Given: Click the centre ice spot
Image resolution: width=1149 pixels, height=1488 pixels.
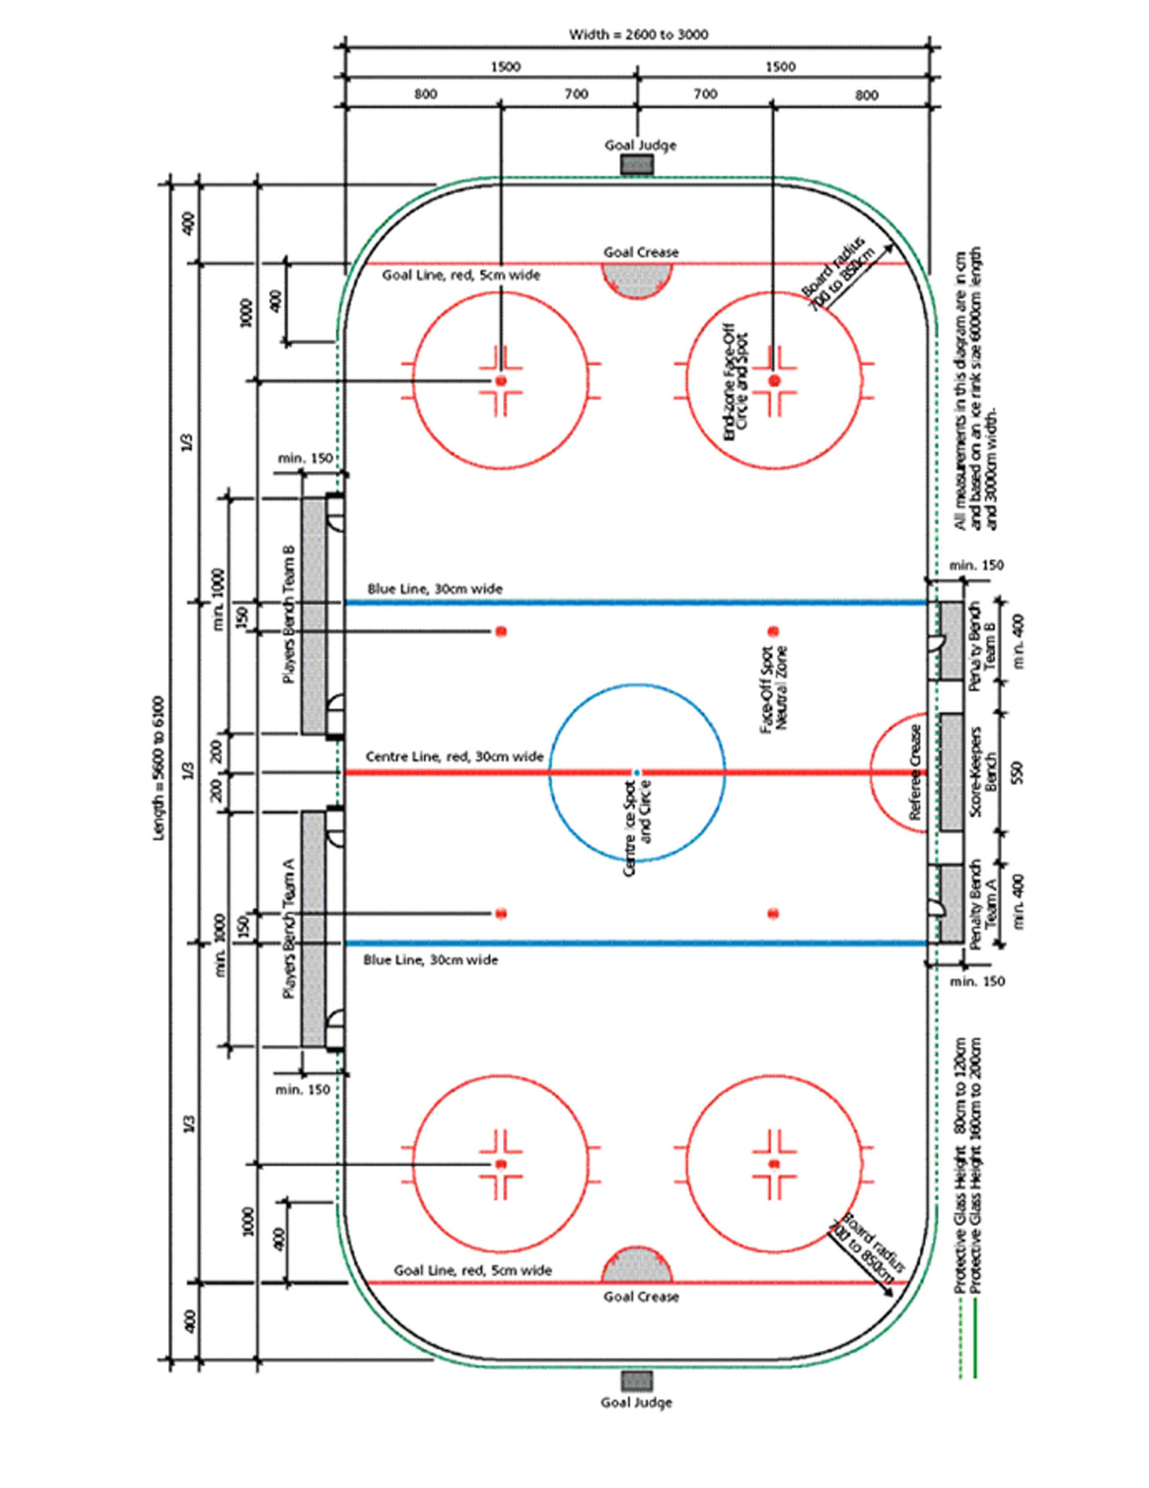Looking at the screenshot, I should (637, 772).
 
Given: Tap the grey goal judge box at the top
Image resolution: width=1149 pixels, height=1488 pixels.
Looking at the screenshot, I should (637, 164).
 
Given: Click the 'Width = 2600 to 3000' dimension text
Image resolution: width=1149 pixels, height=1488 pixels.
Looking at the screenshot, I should (638, 34).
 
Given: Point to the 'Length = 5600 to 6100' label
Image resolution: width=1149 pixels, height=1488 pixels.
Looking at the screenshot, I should (159, 768).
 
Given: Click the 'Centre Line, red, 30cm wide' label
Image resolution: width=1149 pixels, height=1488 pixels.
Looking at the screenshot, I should (454, 756).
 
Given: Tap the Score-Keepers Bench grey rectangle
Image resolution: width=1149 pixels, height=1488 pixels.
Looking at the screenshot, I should (951, 771).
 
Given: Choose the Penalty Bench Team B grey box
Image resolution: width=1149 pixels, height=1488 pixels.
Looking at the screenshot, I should (952, 641).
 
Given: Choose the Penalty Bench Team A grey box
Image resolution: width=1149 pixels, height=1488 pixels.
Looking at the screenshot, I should (952, 904).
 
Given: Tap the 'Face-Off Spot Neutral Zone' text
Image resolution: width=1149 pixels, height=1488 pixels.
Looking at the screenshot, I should (774, 688).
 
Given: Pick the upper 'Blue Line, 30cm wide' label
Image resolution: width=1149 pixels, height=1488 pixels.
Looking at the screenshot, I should (435, 589).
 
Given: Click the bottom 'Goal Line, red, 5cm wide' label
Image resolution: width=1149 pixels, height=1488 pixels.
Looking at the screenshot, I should (473, 1270).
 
